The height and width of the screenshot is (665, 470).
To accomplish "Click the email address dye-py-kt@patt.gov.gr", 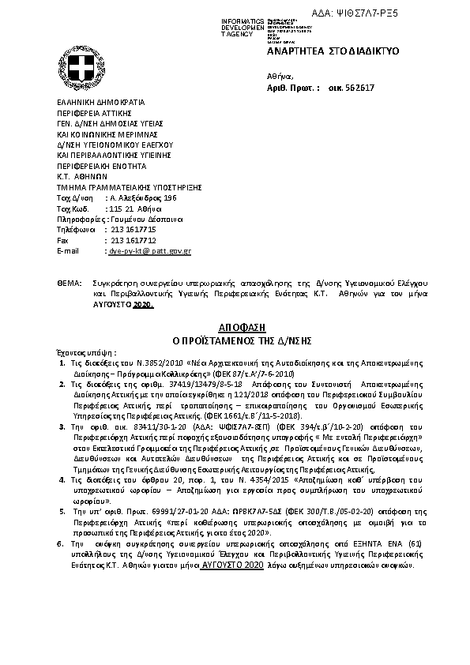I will tap(149, 250).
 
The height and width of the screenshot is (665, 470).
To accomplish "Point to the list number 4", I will tap(62, 479).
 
